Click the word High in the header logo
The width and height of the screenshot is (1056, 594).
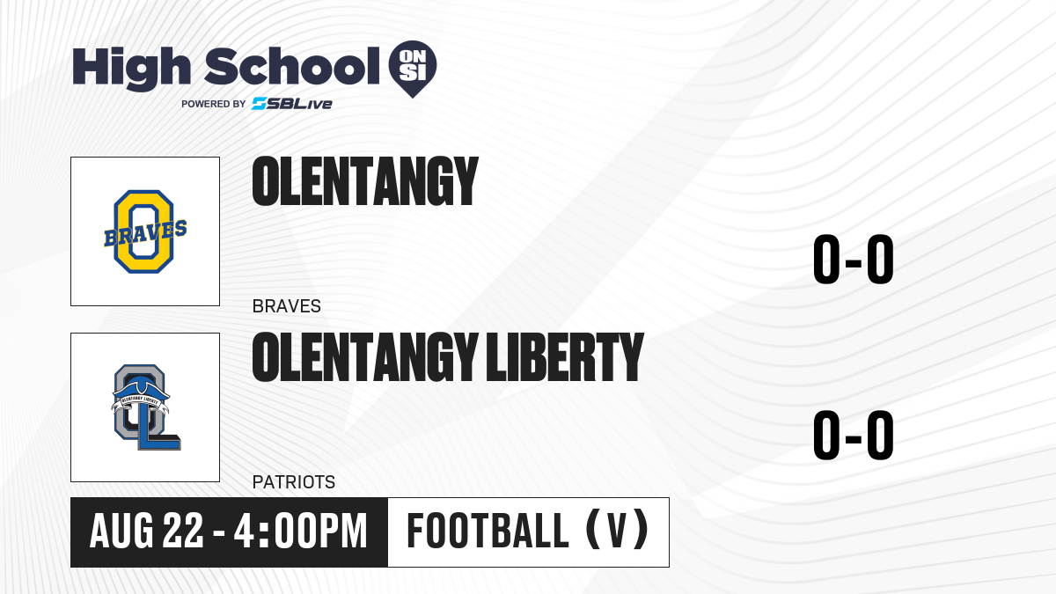point(131,69)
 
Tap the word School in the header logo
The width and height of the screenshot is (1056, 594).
point(292,66)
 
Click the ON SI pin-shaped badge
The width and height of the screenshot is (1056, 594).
point(413,69)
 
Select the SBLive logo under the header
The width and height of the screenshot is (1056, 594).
point(292,104)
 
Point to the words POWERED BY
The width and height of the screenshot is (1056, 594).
point(214,104)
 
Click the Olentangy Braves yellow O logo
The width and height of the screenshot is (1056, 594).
point(144,231)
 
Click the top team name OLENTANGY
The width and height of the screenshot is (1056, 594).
point(365,181)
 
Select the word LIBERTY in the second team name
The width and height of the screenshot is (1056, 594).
point(565,357)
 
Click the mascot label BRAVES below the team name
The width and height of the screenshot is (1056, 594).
point(287,306)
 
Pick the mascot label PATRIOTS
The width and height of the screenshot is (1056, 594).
point(294,482)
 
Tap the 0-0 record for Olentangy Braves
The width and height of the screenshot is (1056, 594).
point(854,260)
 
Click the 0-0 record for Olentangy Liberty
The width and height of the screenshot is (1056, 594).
point(854,435)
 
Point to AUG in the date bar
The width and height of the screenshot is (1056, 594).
point(121,532)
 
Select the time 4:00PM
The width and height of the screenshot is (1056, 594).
point(300,532)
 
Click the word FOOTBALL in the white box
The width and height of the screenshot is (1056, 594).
point(488,532)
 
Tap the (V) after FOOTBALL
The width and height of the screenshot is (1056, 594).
point(617,531)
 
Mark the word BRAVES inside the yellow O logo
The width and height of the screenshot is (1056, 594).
point(145,233)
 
